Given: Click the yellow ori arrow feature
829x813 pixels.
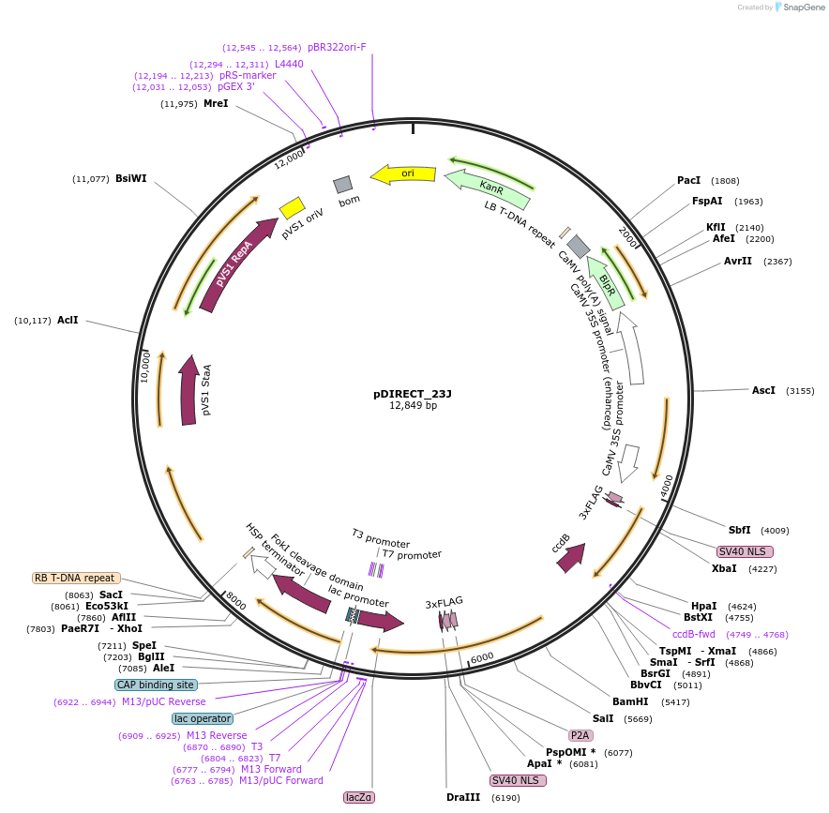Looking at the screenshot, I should (x=403, y=173).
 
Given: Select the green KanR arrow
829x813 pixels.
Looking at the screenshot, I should (x=488, y=188).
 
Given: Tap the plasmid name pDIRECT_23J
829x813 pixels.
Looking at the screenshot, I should (x=413, y=394).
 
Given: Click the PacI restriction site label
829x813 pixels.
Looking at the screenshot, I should (x=689, y=180).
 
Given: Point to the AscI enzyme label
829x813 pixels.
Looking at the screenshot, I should (x=764, y=390).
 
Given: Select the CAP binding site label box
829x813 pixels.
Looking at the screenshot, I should (x=156, y=685).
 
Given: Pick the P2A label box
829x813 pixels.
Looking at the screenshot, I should (x=580, y=734).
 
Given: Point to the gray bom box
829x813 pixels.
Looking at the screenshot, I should (x=343, y=184).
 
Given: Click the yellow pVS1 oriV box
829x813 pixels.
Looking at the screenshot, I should (x=292, y=207).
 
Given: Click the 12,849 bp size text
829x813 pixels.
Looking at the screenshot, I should (x=413, y=406).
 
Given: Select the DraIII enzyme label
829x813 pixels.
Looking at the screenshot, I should (x=463, y=797).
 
